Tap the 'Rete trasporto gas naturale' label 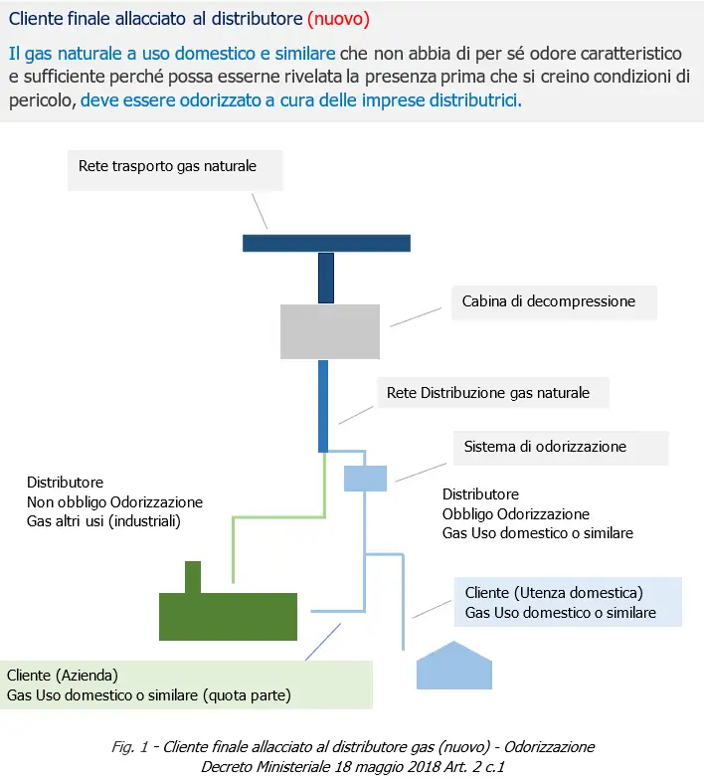coord(167,166)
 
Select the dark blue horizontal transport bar coord(326,243)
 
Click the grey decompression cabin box coord(329,331)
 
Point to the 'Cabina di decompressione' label coord(548,299)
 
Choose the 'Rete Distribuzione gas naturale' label coord(487,393)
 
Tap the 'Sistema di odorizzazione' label coord(545,447)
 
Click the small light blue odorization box coord(365,478)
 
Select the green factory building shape coord(229,616)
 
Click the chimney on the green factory coord(193,577)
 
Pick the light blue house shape coord(453,667)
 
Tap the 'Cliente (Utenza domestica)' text coord(554,593)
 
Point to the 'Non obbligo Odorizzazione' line coord(114,501)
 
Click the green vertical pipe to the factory coord(233,547)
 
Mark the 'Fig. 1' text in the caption coord(126,746)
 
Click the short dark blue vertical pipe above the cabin coord(326,278)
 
